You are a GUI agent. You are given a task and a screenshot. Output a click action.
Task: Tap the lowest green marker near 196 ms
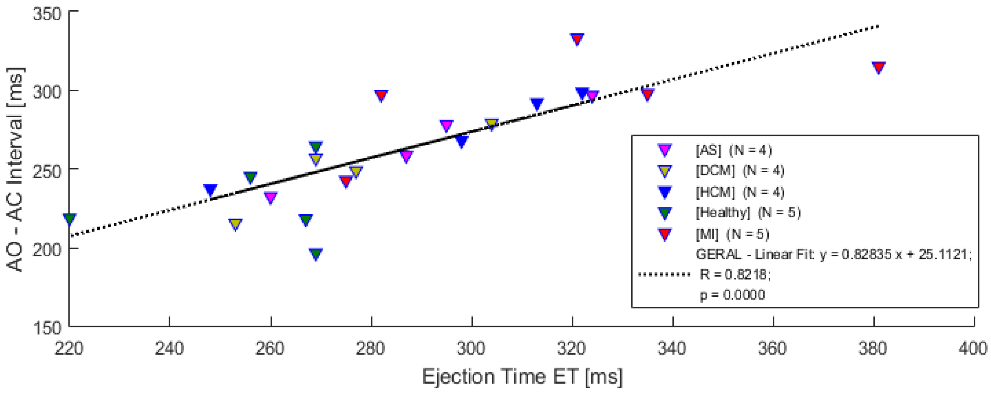(316, 253)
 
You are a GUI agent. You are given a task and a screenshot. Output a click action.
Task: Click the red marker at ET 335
(648, 94)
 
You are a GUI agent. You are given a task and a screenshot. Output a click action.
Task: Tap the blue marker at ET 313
(537, 103)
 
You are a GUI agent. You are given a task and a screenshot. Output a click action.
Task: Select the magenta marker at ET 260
(270, 197)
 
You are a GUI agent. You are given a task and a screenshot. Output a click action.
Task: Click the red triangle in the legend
(665, 234)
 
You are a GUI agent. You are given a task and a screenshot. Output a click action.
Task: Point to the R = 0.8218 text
(735, 274)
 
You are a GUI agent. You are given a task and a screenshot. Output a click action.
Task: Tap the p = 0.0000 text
(732, 295)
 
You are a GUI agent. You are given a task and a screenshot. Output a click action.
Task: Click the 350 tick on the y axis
(47, 14)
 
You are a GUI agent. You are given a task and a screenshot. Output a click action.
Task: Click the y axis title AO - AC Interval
(15, 169)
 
